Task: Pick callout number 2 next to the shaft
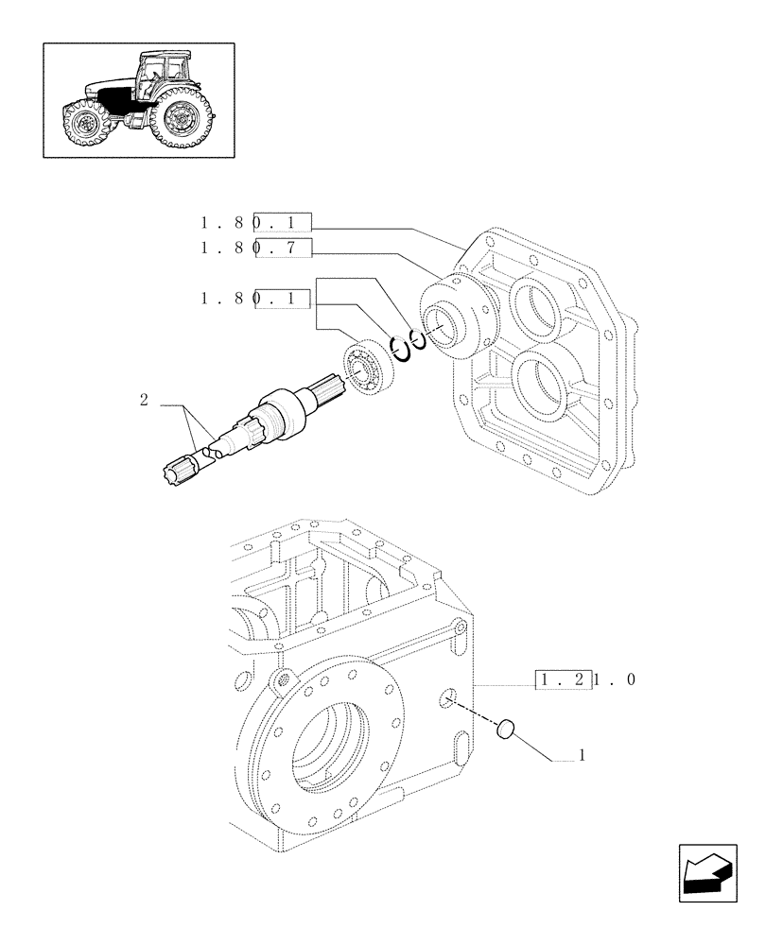coord(144,401)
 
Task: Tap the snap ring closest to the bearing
coord(400,349)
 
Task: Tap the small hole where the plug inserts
coord(444,699)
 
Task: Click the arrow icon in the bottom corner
coord(711,868)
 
